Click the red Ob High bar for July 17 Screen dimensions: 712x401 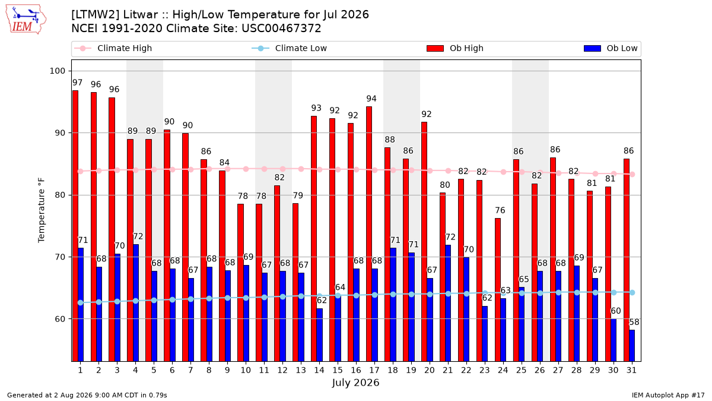coord(368,234)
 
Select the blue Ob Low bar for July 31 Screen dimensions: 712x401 coord(632,346)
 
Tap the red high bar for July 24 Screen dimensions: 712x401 coord(498,290)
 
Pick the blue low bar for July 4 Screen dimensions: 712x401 coord(136,302)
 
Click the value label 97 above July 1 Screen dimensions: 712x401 coord(77,83)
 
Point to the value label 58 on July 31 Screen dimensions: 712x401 coord(634,322)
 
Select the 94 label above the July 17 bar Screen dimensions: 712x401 coord(371,99)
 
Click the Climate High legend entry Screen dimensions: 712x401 coord(113,48)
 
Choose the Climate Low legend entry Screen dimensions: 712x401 coord(290,48)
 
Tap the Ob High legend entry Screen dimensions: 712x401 coord(455,48)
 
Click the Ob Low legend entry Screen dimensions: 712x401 coord(611,48)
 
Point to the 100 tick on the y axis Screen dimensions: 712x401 coord(57,71)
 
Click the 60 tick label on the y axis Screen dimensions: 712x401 coord(60,319)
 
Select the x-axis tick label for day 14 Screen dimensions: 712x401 coord(319,370)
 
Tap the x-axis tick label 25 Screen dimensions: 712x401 coord(522,370)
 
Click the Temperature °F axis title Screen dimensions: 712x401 coord(42,210)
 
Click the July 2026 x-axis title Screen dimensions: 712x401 coord(355,383)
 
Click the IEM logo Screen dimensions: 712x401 coord(26,20)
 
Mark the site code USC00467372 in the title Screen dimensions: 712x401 coord(281,29)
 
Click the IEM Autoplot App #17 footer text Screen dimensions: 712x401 coord(668,395)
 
